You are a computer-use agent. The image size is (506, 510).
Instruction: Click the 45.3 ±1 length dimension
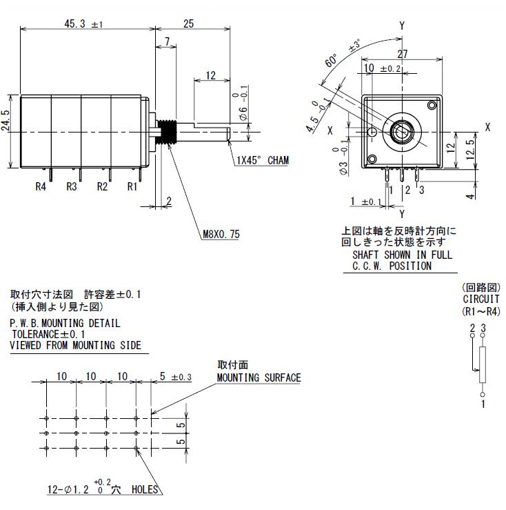(83, 23)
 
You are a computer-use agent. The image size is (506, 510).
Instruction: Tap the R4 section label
(41, 186)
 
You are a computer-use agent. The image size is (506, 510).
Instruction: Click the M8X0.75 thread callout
(221, 235)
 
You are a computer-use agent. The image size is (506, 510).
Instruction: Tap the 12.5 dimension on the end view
(470, 148)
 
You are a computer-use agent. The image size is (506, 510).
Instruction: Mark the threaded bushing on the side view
(166, 130)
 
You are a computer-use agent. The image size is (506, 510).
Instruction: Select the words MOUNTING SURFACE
(259, 377)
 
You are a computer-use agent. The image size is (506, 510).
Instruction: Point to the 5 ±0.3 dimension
(175, 377)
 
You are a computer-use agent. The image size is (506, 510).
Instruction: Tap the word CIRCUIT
(481, 300)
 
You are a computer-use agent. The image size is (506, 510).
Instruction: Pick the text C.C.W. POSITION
(392, 265)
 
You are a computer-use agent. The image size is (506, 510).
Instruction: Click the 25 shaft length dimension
(188, 23)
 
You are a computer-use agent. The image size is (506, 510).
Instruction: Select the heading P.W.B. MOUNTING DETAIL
(65, 323)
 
